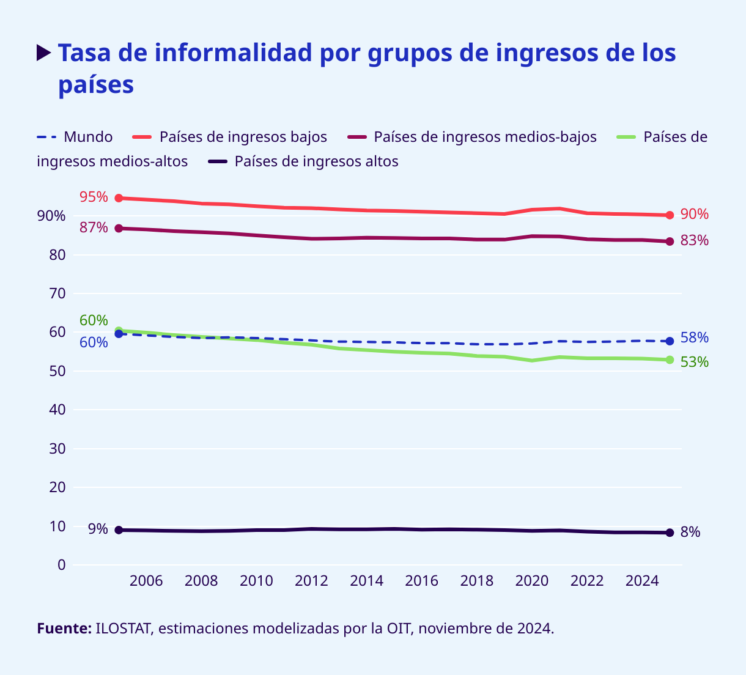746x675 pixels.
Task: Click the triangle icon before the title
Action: pyautogui.click(x=43, y=53)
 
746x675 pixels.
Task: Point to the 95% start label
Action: pyautogui.click(x=94, y=197)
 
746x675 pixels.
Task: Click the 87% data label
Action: pyautogui.click(x=94, y=227)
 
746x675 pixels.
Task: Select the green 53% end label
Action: pyautogui.click(x=695, y=362)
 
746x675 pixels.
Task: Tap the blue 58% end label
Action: pyautogui.click(x=695, y=337)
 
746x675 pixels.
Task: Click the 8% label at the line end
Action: pyautogui.click(x=690, y=533)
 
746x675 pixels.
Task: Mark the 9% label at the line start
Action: pyautogui.click(x=98, y=529)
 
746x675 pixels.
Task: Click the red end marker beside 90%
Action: pyautogui.click(x=670, y=215)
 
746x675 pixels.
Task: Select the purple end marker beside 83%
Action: pyautogui.click(x=670, y=242)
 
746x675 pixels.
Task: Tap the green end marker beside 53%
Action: pyautogui.click(x=670, y=360)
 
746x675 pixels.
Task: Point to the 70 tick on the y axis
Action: pyautogui.click(x=57, y=293)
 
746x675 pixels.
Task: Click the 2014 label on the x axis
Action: pyautogui.click(x=366, y=581)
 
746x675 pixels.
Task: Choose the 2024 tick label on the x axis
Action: pyautogui.click(x=642, y=581)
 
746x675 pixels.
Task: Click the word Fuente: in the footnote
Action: pyautogui.click(x=64, y=629)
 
